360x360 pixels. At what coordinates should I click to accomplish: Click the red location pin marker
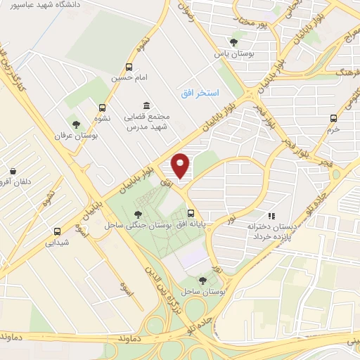(x=181, y=165)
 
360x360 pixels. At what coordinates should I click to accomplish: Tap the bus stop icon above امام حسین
(x=128, y=67)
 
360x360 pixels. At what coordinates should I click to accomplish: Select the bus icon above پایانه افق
(x=191, y=213)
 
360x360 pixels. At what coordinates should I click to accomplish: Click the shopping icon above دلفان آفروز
(x=13, y=171)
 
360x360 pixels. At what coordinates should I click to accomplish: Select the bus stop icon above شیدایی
(x=57, y=231)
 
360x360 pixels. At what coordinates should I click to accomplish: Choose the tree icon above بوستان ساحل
(x=202, y=280)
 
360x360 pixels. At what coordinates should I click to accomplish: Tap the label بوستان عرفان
(x=76, y=135)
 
